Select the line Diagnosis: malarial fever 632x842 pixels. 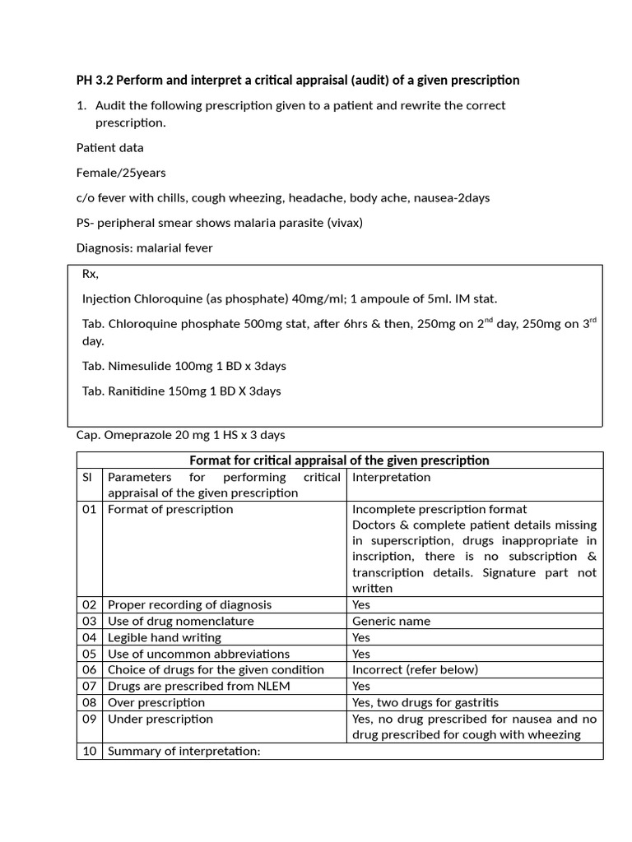145,248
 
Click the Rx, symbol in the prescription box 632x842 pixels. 91,274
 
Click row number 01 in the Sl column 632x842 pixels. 89,510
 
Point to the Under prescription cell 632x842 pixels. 160,719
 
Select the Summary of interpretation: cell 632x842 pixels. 184,751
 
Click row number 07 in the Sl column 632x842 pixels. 89,686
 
